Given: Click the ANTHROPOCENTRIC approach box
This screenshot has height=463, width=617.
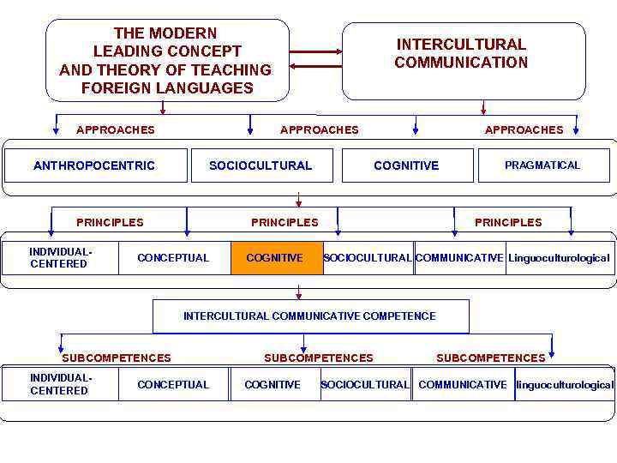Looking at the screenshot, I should click(x=94, y=165).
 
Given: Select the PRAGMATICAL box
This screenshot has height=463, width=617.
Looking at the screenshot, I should click(x=542, y=165).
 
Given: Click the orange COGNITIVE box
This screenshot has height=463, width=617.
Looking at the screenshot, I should click(x=275, y=258).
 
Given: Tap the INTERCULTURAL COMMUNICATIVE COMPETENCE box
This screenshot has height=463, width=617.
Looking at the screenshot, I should click(x=309, y=316).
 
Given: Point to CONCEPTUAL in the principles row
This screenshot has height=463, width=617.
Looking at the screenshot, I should click(x=173, y=258).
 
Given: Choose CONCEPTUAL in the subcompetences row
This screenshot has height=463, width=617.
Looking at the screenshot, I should click(x=173, y=384).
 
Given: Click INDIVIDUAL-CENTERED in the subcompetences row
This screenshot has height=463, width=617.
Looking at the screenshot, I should click(x=59, y=384).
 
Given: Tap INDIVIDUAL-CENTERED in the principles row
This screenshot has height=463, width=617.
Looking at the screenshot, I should click(x=59, y=258).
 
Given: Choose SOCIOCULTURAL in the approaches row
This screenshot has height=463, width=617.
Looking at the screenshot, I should click(x=261, y=165).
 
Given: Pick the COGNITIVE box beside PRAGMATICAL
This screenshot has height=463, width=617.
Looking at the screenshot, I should click(x=406, y=165).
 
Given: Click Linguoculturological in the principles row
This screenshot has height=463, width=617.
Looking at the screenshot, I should click(x=559, y=258).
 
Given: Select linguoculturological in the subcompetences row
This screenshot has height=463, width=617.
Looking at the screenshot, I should click(x=565, y=384).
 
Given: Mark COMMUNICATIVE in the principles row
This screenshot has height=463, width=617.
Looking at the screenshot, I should click(x=459, y=258).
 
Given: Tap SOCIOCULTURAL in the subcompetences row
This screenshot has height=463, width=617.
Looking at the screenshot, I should click(x=365, y=384).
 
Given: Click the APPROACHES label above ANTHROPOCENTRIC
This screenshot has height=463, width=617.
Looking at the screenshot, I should click(x=116, y=130).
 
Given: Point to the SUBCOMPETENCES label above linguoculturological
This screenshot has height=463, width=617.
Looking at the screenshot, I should click(x=491, y=358).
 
